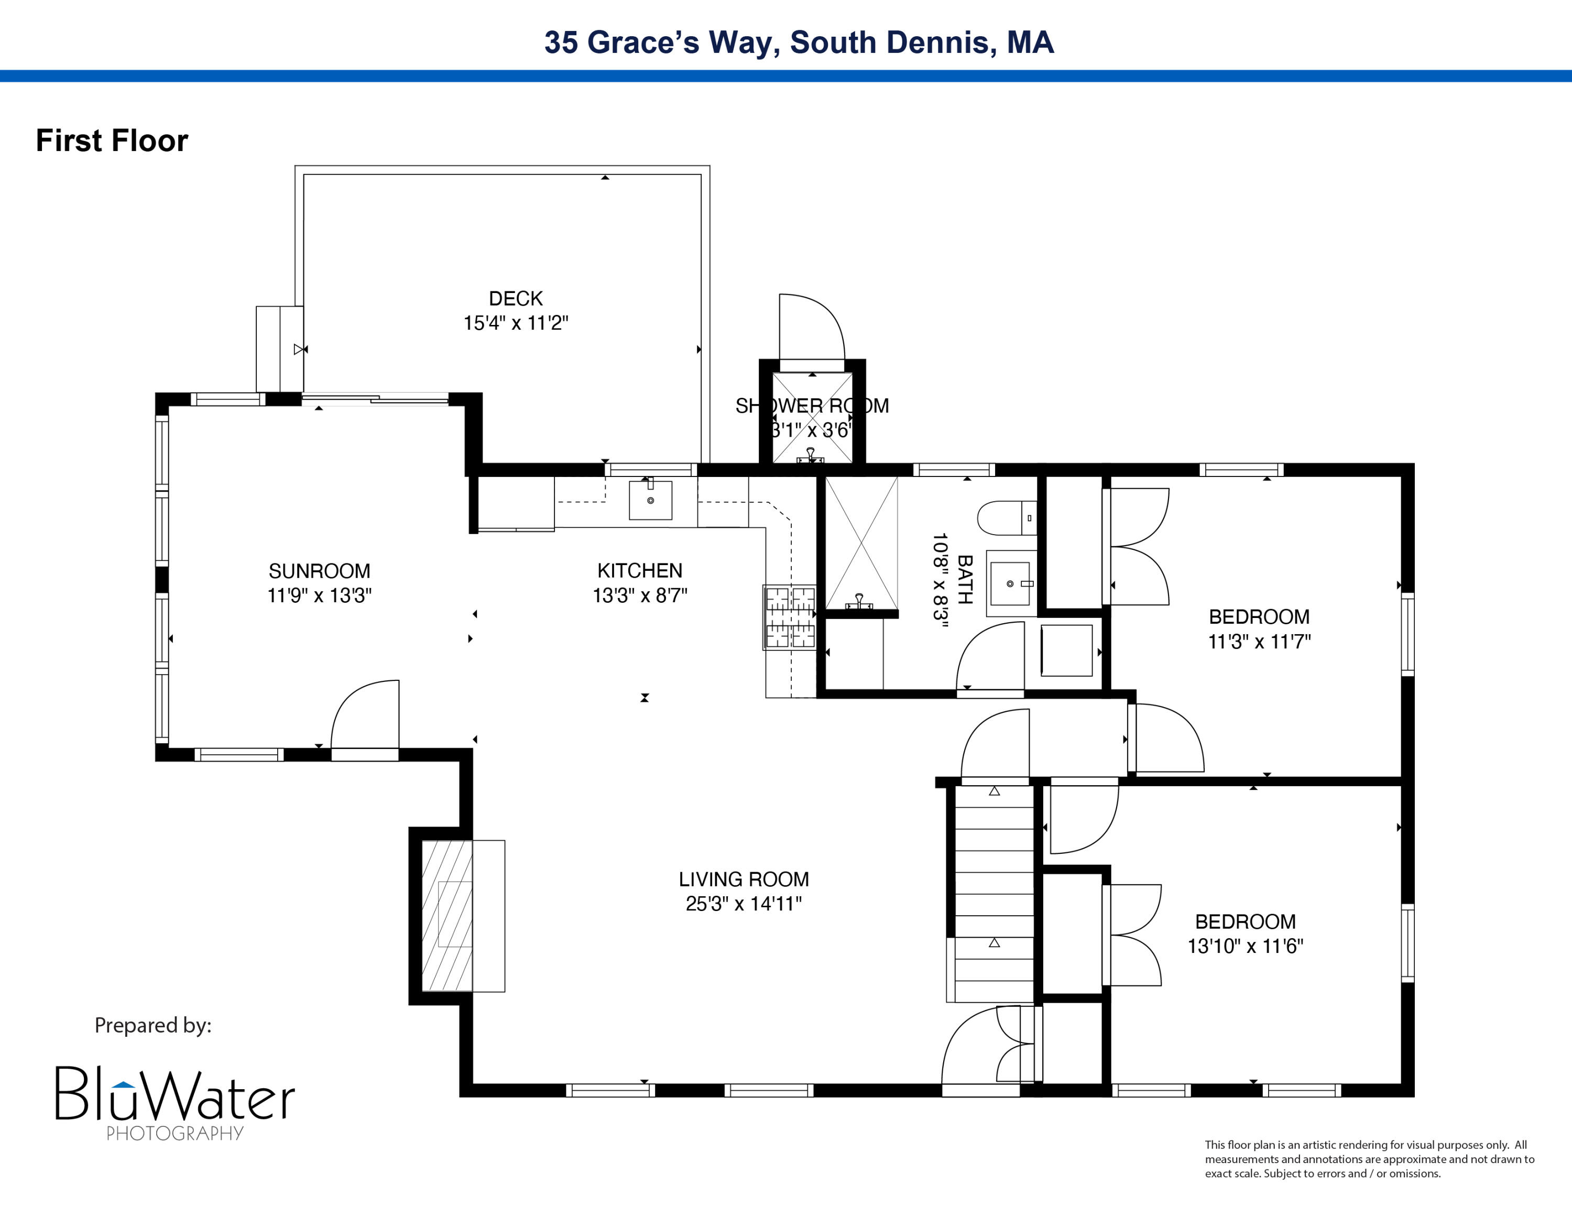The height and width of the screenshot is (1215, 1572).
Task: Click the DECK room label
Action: pos(516,299)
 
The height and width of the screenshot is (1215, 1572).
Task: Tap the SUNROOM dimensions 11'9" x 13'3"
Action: pos(319,596)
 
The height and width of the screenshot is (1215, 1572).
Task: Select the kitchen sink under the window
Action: pos(650,500)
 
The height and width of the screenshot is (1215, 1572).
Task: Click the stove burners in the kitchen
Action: pos(790,617)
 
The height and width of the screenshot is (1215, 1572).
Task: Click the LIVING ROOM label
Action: pos(744,879)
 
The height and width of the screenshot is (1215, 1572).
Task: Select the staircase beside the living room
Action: pos(994,893)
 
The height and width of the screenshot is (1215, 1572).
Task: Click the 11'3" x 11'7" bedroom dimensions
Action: pos(1259,642)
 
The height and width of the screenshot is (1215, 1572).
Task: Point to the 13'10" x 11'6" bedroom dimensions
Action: pos(1245,946)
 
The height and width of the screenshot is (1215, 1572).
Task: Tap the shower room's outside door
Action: pos(811,328)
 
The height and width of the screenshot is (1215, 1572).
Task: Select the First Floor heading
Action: pos(112,140)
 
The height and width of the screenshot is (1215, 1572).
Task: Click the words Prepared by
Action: pos(152,1025)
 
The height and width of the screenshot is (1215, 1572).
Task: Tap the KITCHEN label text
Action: pos(639,571)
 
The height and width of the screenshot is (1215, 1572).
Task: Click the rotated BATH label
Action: pos(965,579)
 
